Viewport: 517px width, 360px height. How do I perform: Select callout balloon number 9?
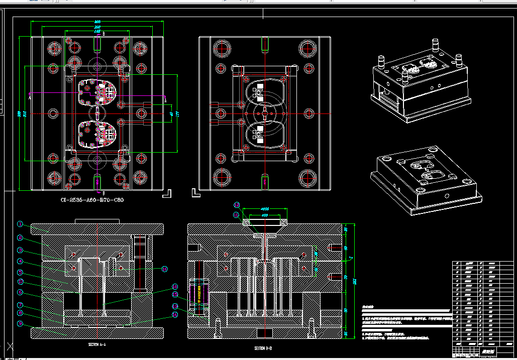click(20, 324)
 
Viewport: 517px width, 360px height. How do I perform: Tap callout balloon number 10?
click(164, 269)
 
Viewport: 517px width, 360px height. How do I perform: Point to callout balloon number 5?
click(20, 273)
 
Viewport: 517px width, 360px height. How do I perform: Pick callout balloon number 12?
click(237, 205)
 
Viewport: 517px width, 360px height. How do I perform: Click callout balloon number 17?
click(20, 283)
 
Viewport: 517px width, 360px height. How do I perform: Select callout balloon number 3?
click(20, 250)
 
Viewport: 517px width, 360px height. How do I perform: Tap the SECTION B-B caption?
click(263, 348)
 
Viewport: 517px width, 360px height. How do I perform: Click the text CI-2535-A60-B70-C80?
click(92, 200)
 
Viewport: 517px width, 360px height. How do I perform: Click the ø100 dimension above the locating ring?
click(265, 208)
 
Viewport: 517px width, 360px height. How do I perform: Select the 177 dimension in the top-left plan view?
click(177, 113)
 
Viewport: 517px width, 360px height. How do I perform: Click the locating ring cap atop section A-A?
click(96, 221)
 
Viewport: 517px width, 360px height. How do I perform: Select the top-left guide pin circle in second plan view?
click(221, 49)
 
